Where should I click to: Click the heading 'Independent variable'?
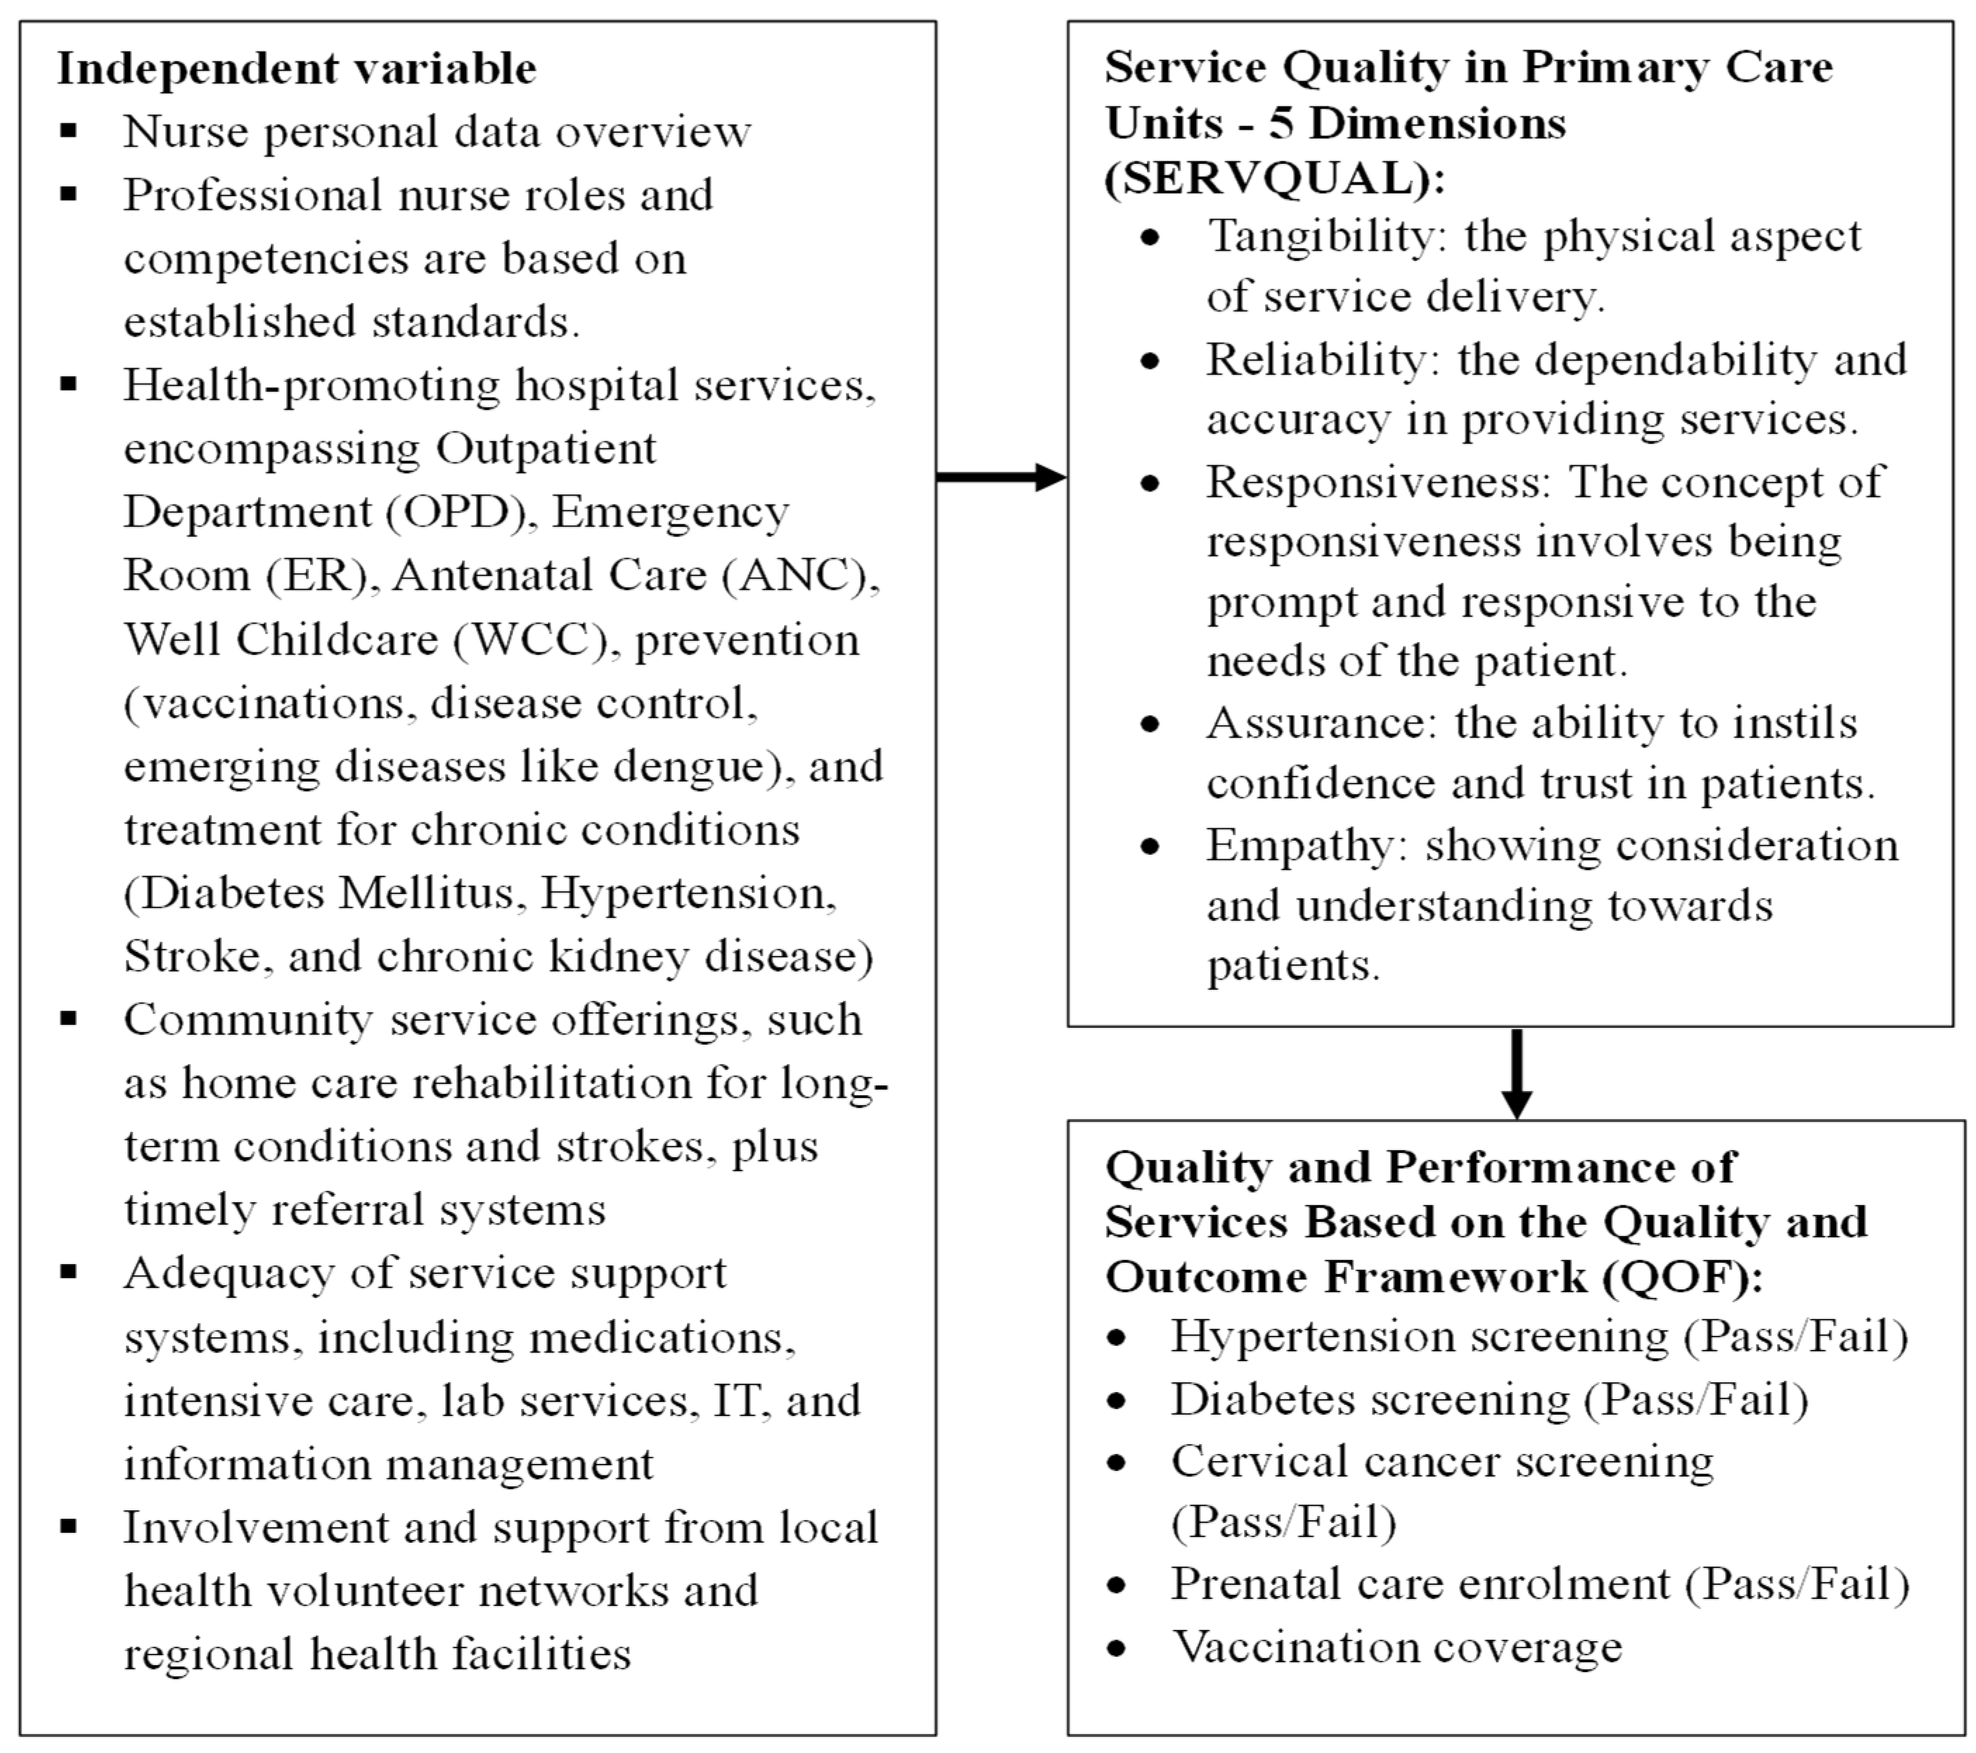[296, 69]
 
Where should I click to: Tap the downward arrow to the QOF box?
[1516, 1073]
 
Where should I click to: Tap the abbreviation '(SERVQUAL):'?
[1274, 179]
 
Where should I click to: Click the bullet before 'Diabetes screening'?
[1117, 1400]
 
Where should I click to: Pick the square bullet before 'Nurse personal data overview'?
[68, 131]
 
